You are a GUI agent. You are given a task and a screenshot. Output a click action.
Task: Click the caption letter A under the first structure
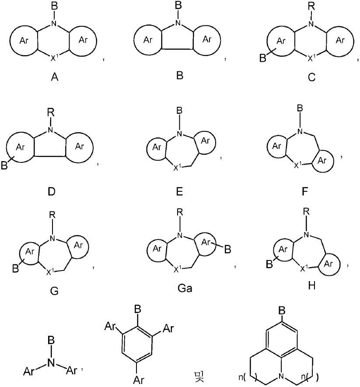pyautogui.click(x=55, y=77)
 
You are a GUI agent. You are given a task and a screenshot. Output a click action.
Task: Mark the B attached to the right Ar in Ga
pyautogui.click(x=227, y=250)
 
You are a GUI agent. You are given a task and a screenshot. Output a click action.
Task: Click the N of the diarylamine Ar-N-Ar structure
pyautogui.click(x=51, y=363)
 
